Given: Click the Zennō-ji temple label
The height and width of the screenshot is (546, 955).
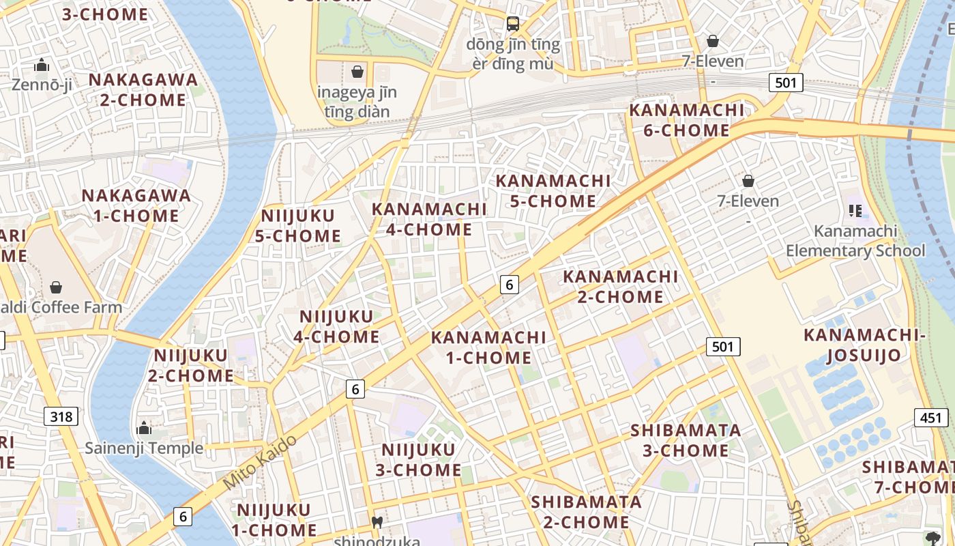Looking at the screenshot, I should pos(42,85).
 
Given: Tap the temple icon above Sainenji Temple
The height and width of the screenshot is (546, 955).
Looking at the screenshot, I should pos(144,428).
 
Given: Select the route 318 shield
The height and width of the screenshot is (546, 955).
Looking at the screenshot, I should pos(61,416).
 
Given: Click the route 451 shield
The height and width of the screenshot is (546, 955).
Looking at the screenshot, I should pos(931,418).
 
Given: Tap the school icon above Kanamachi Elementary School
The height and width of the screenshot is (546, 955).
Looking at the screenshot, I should pos(855,210).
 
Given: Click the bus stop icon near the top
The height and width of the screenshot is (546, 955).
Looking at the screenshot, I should pos(513,24).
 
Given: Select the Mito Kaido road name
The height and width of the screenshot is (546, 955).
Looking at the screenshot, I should pos(260,461).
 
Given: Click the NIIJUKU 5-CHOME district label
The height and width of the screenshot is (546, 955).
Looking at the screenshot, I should pos(298,226).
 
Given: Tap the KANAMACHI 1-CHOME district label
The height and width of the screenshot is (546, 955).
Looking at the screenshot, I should pos(488,347).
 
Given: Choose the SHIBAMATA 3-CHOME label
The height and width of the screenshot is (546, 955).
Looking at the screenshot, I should pos(686,440).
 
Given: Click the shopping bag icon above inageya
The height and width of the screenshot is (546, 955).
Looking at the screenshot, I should pos(357,71).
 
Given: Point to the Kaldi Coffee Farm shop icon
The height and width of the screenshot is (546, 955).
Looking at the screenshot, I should pos(56,287).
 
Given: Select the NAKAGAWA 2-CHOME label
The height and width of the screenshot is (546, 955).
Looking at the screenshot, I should pos(143,89).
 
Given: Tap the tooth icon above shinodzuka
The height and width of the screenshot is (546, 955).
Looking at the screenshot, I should pos(376,522).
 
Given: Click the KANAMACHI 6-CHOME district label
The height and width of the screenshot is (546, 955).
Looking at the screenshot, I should pos(686,119).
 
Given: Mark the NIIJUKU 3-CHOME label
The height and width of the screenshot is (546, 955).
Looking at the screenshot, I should pos(418,459).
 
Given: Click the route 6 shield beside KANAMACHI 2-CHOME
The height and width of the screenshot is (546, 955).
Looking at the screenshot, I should pos(509,284).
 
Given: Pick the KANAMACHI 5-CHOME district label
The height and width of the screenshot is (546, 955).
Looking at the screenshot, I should pos(553,190).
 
